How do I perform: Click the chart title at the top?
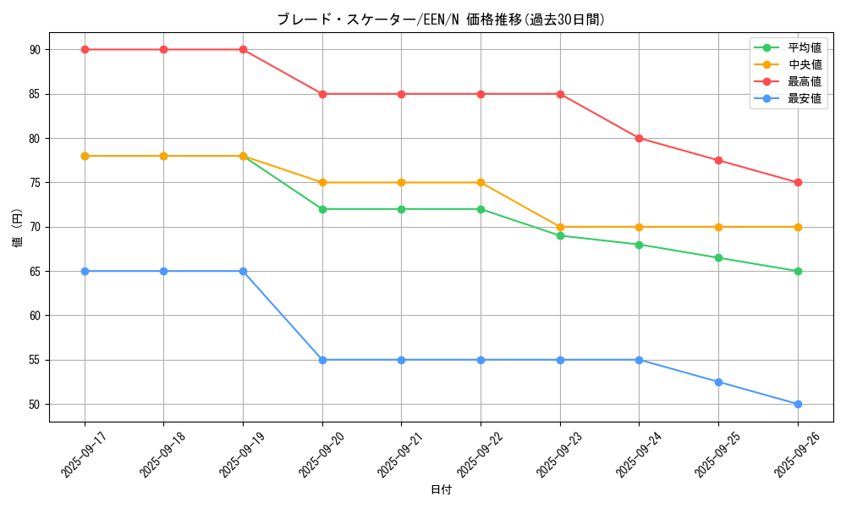pyautogui.click(x=441, y=19)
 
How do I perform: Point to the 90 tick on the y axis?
pyautogui.click(x=35, y=50)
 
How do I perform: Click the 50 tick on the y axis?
pyautogui.click(x=35, y=405)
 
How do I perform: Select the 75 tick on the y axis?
pyautogui.click(x=35, y=183)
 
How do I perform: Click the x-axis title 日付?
pyautogui.click(x=441, y=490)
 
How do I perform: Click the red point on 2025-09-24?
pyautogui.click(x=639, y=138)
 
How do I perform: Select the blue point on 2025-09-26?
pyautogui.click(x=798, y=404)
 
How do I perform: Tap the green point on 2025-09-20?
pyautogui.click(x=322, y=209)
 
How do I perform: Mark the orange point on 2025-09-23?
pyautogui.click(x=560, y=227)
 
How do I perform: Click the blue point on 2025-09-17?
pyautogui.click(x=85, y=271)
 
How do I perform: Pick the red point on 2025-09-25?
pyautogui.click(x=718, y=160)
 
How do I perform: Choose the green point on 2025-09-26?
pyautogui.click(x=798, y=271)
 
